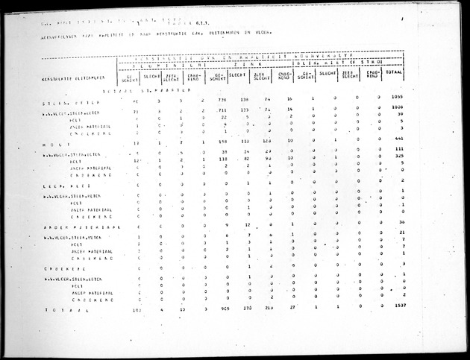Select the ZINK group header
point(253,64)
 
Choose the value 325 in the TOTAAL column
point(399,160)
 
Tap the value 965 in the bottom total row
point(221,307)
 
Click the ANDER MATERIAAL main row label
point(68,225)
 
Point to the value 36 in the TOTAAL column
point(401,223)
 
